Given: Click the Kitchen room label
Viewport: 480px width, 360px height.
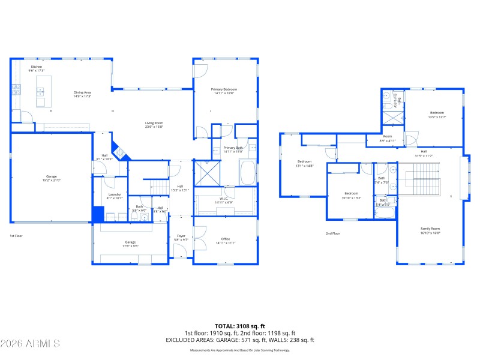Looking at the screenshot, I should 37,67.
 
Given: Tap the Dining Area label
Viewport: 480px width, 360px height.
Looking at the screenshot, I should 82,92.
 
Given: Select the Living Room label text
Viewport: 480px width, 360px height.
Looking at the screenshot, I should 154,123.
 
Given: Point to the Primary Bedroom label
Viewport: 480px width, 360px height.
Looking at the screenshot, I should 225,89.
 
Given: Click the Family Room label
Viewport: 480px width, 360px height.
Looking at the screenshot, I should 430,229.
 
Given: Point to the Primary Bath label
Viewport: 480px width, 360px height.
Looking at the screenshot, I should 233,148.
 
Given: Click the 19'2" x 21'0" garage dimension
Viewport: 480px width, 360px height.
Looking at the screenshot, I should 52,181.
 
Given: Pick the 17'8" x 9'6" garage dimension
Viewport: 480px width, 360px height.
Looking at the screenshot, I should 130,246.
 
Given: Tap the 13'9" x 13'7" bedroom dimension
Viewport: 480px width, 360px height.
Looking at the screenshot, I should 437,117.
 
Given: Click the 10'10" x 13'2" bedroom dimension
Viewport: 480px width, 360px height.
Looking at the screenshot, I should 351,197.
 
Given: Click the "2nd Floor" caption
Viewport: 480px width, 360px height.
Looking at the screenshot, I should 333,233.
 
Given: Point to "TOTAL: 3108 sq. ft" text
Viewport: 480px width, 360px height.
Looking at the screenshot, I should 239,327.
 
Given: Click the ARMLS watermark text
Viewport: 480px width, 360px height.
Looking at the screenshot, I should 30,344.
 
